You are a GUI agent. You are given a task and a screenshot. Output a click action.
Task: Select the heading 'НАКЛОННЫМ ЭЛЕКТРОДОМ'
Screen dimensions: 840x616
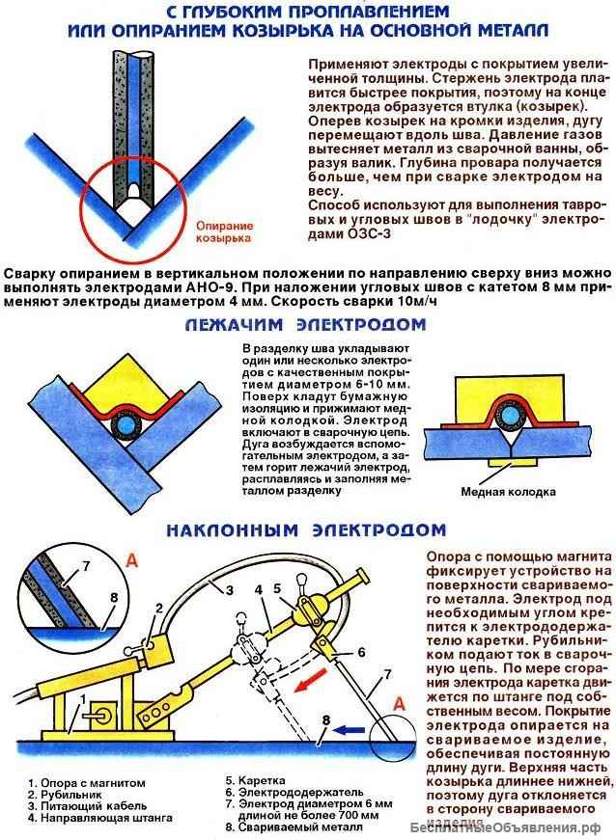pyautogui.click(x=305, y=529)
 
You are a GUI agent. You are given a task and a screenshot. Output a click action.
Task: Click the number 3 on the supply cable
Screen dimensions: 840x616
pyautogui.click(x=230, y=589)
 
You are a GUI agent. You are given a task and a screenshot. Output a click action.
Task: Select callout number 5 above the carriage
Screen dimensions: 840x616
pyautogui.click(x=276, y=588)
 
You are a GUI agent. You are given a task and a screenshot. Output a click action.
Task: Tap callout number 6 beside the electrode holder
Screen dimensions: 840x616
pyautogui.click(x=333, y=652)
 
